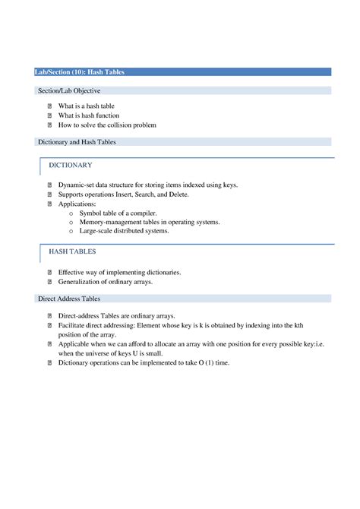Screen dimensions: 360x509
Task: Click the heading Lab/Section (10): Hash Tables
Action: pyautogui.click(x=80, y=72)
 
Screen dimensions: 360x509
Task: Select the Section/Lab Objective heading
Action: pyautogui.click(x=69, y=91)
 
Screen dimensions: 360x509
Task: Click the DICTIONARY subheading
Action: pyautogui.click(x=71, y=165)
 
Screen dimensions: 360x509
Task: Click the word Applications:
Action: pyautogui.click(x=78, y=204)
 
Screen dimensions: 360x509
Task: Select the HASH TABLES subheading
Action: pyautogui.click(x=72, y=251)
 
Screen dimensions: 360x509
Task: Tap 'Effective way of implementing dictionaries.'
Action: pyautogui.click(x=119, y=272)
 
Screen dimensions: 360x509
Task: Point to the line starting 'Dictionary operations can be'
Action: pyautogui.click(x=144, y=362)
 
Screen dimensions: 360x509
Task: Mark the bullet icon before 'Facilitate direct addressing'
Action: pyautogui.click(x=49, y=324)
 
